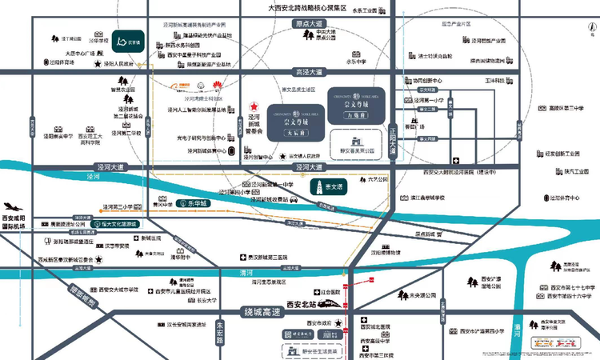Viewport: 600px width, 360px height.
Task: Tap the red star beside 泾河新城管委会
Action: [253, 106]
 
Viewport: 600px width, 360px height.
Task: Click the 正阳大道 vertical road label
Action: [393, 128]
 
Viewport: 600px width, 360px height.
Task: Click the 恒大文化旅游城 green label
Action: [126, 226]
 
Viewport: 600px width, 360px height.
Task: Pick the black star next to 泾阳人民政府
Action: [98, 63]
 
